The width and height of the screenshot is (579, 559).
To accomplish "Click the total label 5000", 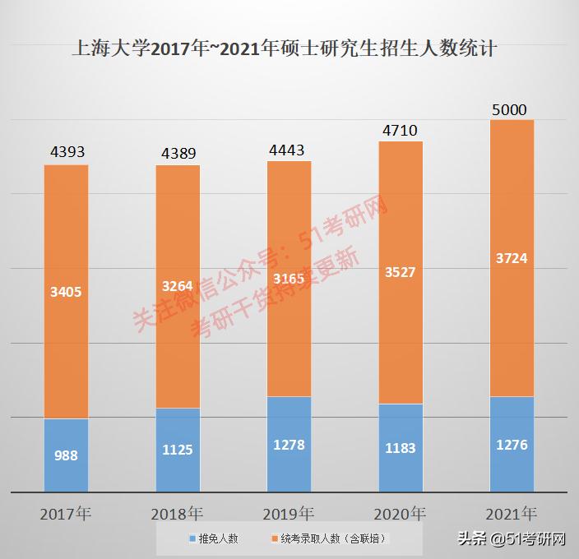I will [510, 110].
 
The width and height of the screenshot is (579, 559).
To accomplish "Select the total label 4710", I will [401, 129].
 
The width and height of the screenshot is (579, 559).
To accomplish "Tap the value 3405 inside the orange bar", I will [67, 291].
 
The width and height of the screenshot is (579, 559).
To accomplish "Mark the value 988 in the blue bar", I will [67, 455].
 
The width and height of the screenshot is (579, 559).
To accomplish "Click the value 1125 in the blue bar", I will [178, 450].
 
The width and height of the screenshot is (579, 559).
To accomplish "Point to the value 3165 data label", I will [289, 279].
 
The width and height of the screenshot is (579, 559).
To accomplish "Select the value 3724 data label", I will [512, 258].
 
